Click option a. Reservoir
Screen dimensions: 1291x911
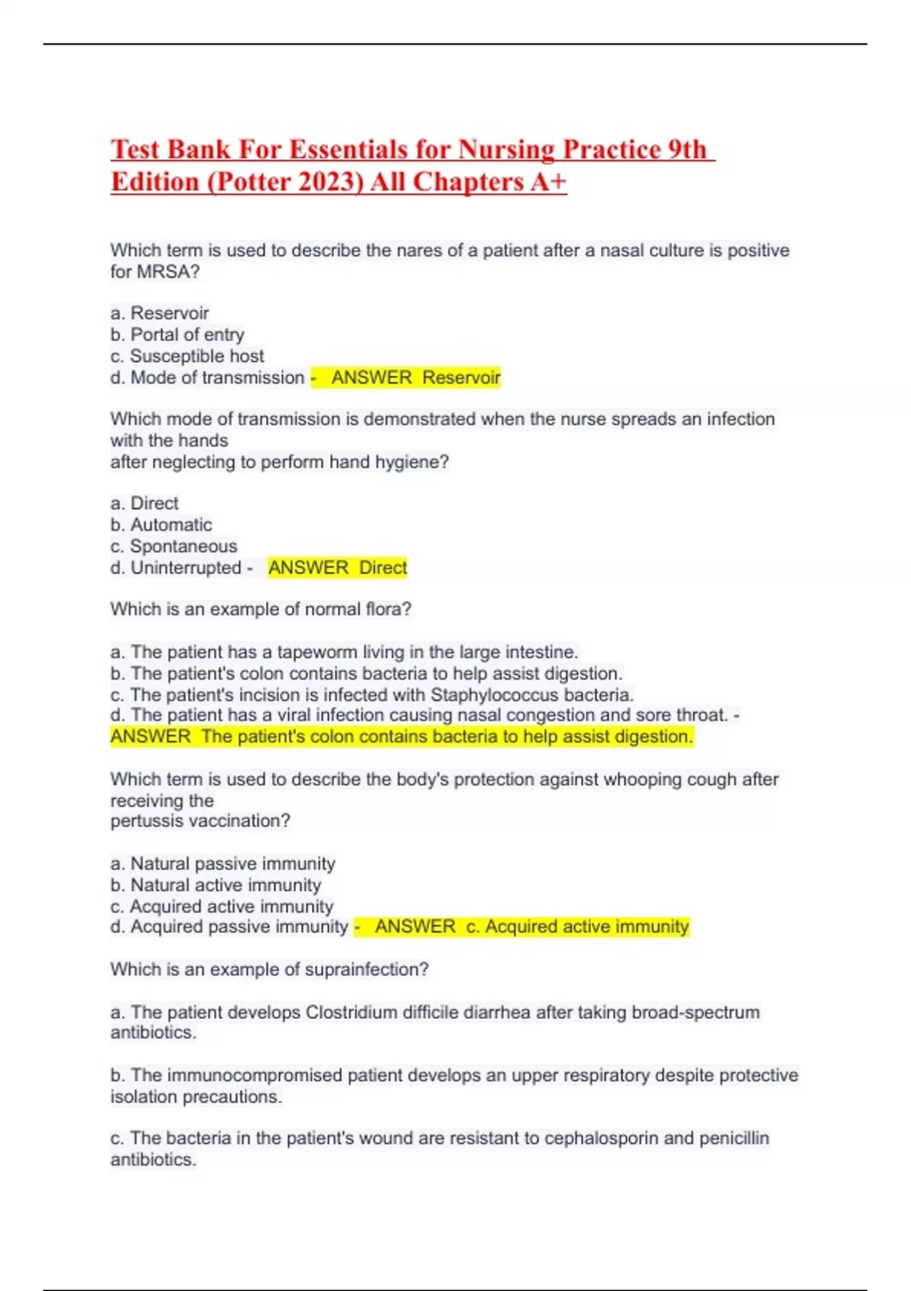pos(159,313)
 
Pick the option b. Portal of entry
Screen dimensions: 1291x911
pos(177,334)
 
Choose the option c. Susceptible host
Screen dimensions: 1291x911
pos(187,355)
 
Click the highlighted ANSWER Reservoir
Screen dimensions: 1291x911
pos(415,377)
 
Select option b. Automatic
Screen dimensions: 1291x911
pos(161,525)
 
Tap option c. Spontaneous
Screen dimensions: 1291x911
pos(173,546)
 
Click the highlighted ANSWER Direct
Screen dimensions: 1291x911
pos(337,567)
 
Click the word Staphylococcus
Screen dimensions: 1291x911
pos(494,695)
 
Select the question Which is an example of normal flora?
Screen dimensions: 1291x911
pos(260,609)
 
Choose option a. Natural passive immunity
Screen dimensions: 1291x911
pos(222,863)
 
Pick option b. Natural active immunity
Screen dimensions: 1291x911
pos(216,885)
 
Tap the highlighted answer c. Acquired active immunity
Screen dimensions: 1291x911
pos(531,926)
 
